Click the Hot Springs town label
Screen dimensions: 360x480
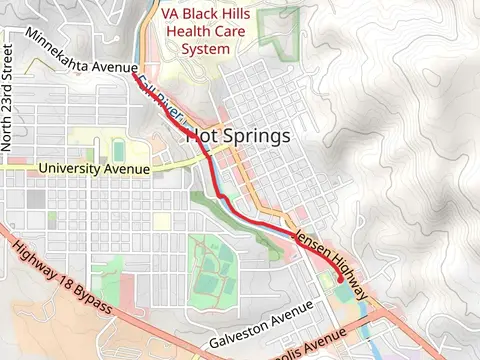(x=239, y=136)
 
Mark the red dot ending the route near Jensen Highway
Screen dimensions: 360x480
(x=341, y=281)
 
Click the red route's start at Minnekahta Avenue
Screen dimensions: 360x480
(x=134, y=73)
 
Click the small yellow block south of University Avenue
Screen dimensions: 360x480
(x=162, y=219)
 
